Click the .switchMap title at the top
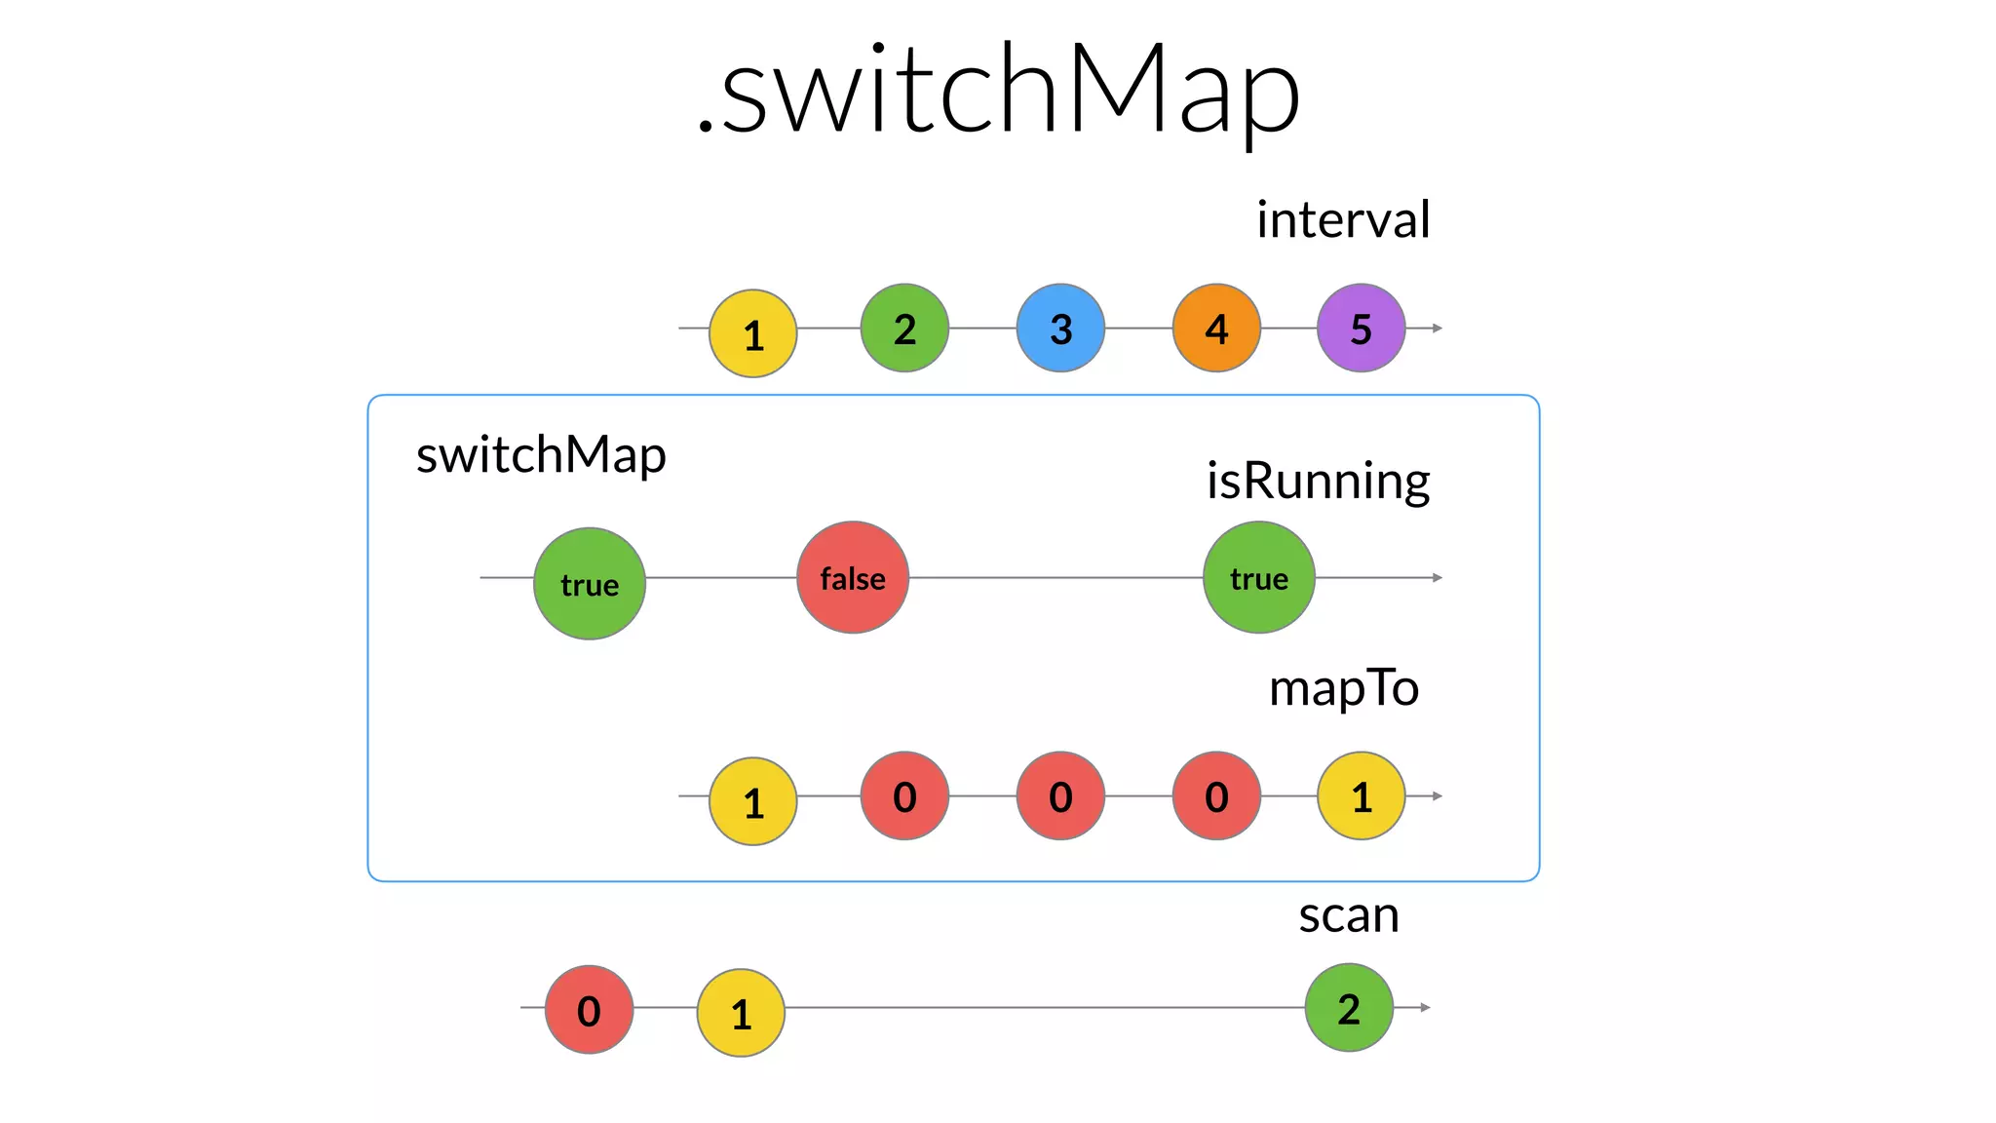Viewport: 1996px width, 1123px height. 998,90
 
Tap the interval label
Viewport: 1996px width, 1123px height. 1343,219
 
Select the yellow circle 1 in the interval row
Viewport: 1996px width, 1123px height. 752,333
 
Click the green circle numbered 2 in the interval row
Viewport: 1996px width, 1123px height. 904,328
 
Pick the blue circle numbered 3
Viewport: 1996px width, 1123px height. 1060,328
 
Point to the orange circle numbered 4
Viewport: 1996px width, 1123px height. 1216,328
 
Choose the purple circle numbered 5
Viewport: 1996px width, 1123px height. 1361,328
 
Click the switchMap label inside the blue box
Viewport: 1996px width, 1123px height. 541,455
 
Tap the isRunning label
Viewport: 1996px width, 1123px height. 1318,481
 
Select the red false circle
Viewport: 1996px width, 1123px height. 853,577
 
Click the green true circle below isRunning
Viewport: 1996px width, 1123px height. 1259,577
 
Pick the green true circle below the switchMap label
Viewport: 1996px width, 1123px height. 590,583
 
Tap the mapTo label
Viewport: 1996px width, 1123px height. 1343,688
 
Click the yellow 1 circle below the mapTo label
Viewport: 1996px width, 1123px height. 1361,795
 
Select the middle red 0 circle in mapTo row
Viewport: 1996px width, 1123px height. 1060,795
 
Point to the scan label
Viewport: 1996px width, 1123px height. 1349,915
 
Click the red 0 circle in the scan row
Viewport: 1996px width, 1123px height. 589,1010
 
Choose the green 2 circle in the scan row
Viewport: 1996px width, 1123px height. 1349,1007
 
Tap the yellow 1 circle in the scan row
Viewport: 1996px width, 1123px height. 741,1013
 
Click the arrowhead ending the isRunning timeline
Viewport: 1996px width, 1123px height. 1438,577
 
